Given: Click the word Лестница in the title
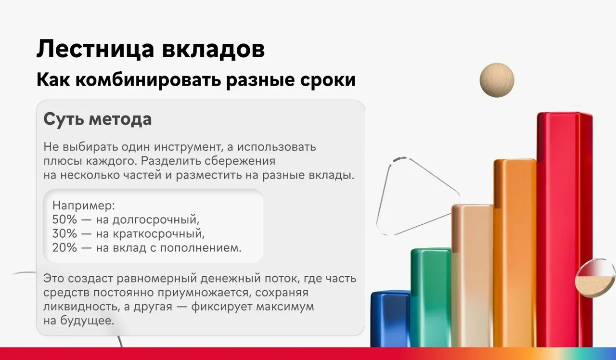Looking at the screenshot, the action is pyautogui.click(x=95, y=49).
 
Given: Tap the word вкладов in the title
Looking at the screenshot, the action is pyautogui.click(x=213, y=50).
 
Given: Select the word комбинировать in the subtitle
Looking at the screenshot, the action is pyautogui.click(x=148, y=80).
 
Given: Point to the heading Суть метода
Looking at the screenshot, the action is pyautogui.click(x=98, y=119).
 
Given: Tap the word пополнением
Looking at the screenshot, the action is pyautogui.click(x=201, y=248).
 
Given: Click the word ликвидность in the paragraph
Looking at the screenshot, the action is pyautogui.click(x=81, y=307).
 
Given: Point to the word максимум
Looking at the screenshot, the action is pyautogui.click(x=285, y=307).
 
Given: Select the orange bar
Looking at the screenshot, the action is pyautogui.click(x=515, y=253).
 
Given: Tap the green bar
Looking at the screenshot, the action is pyautogui.click(x=431, y=297).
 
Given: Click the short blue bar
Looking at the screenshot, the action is pyautogui.click(x=390, y=320).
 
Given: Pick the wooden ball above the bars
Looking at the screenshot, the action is pyautogui.click(x=497, y=80).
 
